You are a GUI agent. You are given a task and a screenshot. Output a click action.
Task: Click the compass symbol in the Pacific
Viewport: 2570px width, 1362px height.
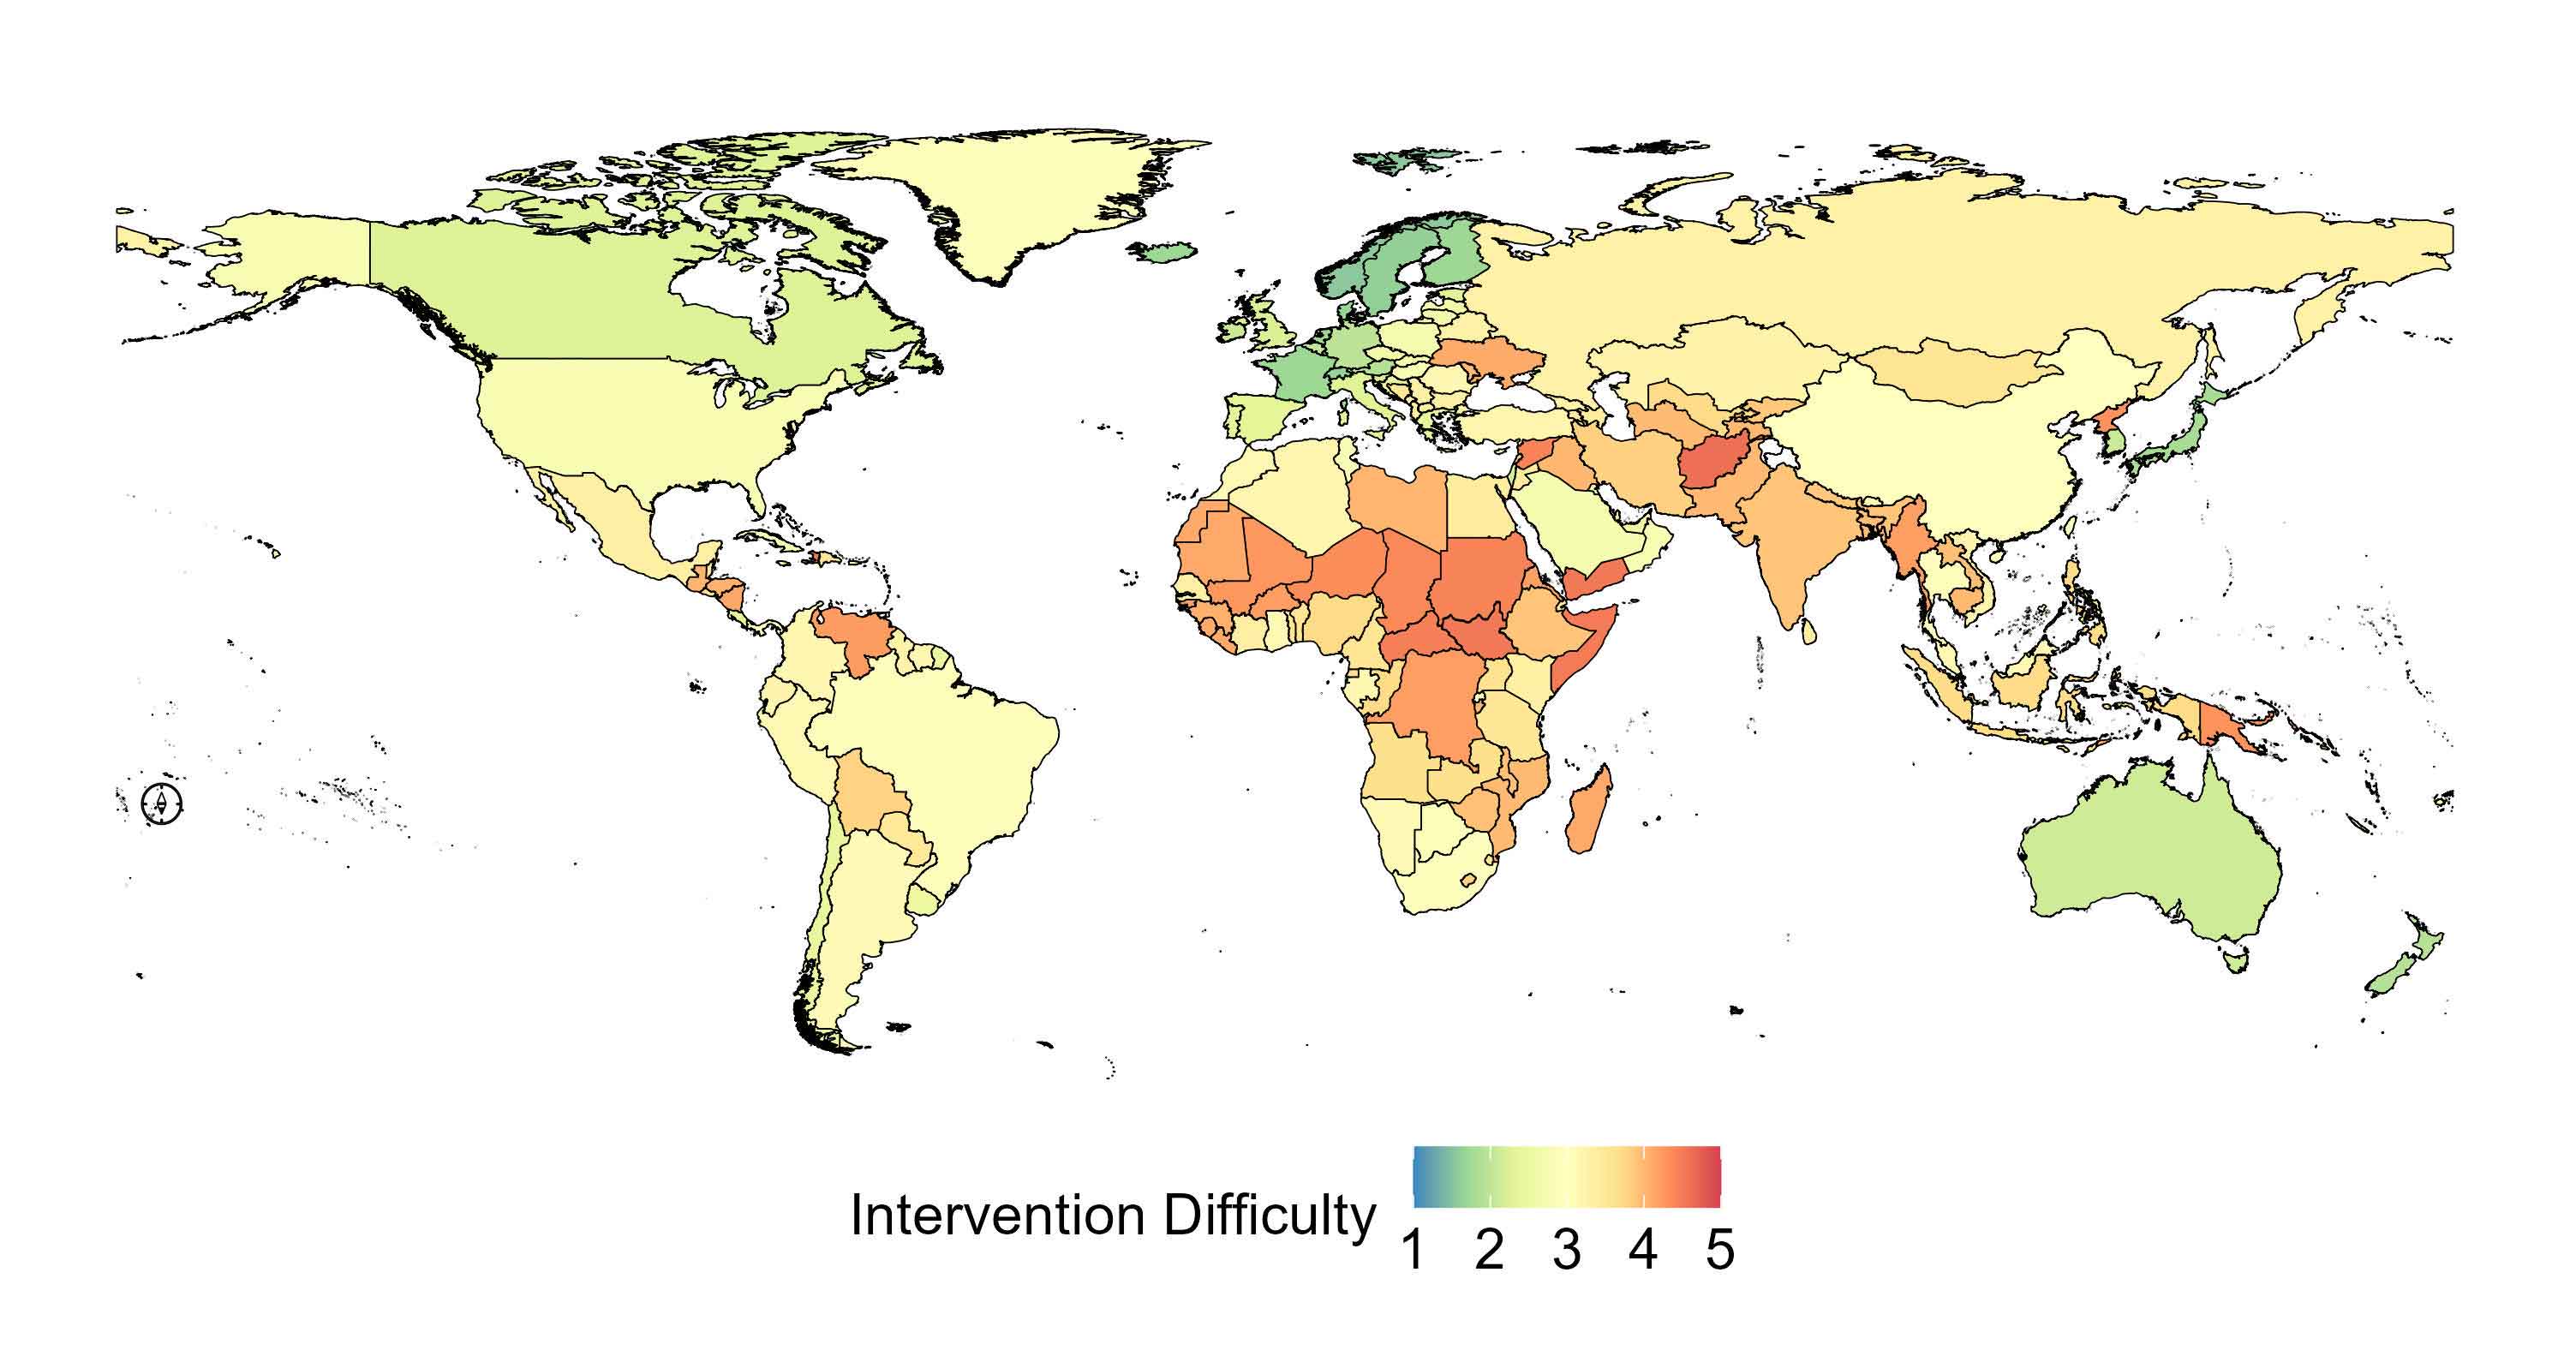pyautogui.click(x=162, y=803)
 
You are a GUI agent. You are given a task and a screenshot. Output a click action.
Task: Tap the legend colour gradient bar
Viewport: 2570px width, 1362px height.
pyautogui.click(x=1566, y=1178)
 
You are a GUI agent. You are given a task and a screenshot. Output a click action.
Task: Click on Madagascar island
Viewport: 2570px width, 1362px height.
pyautogui.click(x=1588, y=809)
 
